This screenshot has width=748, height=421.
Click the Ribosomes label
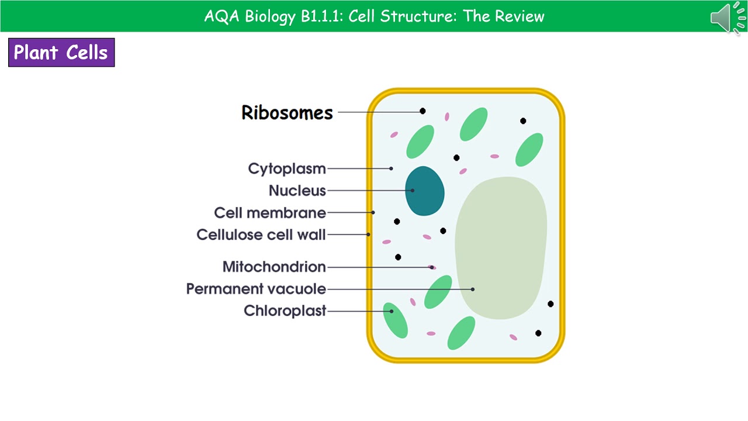[x=287, y=112]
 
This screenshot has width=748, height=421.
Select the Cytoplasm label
[x=287, y=169]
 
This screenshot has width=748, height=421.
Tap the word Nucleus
[x=297, y=191]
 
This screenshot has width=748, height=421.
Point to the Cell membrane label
[x=270, y=213]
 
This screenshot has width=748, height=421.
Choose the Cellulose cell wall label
[x=261, y=235]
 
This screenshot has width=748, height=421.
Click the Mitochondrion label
[x=274, y=267]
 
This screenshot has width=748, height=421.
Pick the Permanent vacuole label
[x=256, y=289]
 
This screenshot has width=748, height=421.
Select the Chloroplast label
[x=285, y=311]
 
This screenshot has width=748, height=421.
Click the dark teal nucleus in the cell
[x=425, y=191]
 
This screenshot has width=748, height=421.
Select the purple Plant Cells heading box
[x=61, y=53]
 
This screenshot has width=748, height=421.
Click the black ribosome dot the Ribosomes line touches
[x=423, y=111]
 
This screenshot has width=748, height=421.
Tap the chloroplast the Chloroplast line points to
[x=395, y=320]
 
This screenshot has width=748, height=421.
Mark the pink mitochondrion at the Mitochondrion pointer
[x=432, y=267]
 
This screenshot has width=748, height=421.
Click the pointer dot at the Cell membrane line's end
[x=373, y=212]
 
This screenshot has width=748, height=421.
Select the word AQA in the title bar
[x=222, y=16]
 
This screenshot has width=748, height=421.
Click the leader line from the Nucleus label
[x=368, y=191]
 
